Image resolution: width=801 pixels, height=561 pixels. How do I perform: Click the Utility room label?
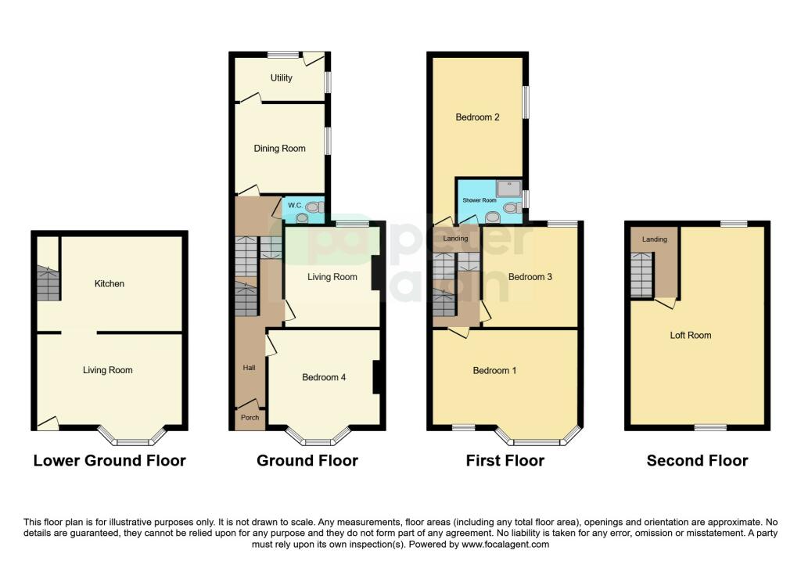[281, 77]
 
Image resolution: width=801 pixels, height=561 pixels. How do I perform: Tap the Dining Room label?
[279, 149]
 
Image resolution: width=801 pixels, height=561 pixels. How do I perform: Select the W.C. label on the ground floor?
[295, 206]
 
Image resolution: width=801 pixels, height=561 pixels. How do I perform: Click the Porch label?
[250, 418]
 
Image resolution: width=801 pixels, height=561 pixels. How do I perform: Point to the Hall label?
[250, 368]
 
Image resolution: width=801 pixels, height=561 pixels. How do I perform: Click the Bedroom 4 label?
[324, 378]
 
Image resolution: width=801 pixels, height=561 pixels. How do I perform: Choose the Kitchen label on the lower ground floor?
[110, 283]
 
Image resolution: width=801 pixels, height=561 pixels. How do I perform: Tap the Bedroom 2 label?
[478, 117]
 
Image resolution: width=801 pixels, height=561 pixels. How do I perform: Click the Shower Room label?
[480, 200]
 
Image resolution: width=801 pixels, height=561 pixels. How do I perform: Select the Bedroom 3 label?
[530, 277]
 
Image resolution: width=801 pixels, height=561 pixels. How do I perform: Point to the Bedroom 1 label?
[494, 370]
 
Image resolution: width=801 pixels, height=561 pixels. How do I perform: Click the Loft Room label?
[691, 336]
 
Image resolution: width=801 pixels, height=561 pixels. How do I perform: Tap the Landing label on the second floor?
[655, 239]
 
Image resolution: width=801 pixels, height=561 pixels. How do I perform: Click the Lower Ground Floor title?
[110, 461]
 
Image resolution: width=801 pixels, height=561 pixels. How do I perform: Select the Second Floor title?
[697, 461]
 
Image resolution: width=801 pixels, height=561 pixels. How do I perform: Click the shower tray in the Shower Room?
[508, 189]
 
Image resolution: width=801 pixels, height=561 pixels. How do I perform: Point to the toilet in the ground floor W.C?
[314, 207]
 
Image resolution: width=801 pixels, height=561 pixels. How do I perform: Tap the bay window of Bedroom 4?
[318, 437]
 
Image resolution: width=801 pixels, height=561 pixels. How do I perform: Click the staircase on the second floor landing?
[641, 275]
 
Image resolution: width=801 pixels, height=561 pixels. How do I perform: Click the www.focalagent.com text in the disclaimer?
[505, 545]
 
